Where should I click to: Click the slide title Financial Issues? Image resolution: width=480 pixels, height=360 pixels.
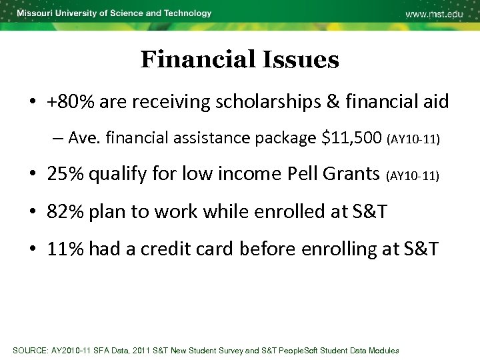239,60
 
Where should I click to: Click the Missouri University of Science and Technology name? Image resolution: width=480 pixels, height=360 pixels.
114,13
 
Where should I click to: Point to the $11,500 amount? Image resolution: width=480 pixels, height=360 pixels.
351,138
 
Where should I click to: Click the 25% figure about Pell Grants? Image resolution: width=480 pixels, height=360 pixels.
65,174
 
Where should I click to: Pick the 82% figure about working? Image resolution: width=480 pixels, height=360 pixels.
65,212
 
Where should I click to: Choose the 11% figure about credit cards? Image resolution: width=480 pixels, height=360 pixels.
65,249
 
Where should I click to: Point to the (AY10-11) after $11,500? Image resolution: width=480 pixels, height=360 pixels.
413,139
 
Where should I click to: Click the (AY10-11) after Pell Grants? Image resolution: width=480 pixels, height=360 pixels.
414,175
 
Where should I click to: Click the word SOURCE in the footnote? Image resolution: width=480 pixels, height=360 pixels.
31,351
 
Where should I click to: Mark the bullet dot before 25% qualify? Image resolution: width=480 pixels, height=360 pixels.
32,175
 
